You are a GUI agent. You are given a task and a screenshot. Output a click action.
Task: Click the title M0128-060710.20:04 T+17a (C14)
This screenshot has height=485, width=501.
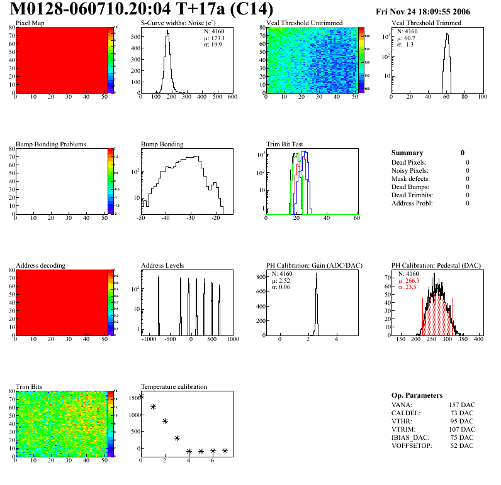142,9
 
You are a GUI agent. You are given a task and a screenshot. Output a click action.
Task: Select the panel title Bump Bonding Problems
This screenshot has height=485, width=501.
51,144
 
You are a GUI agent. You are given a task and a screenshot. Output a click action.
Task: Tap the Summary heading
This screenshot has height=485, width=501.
407,153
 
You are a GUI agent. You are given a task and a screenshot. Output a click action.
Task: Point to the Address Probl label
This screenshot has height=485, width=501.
412,203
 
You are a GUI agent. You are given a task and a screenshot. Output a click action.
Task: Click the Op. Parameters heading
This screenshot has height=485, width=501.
417,395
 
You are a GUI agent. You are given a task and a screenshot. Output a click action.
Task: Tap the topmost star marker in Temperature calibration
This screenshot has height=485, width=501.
142,396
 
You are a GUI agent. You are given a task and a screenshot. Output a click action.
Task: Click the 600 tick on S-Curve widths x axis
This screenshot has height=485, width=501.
232,97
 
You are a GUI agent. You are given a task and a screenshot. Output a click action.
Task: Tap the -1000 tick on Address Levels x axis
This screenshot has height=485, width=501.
149,339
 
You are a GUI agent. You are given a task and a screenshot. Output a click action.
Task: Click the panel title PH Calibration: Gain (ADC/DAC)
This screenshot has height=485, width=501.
306,265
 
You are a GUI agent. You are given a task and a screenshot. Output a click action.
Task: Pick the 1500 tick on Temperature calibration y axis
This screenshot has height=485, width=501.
133,398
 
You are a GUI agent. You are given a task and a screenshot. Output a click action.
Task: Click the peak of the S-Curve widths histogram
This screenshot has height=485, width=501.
167,32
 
